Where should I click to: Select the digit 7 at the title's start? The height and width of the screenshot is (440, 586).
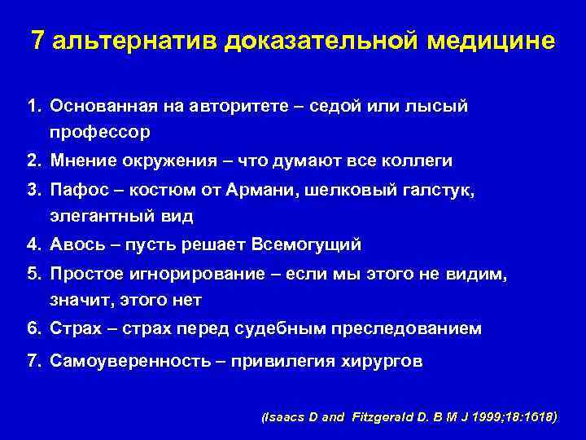click(x=37, y=41)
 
